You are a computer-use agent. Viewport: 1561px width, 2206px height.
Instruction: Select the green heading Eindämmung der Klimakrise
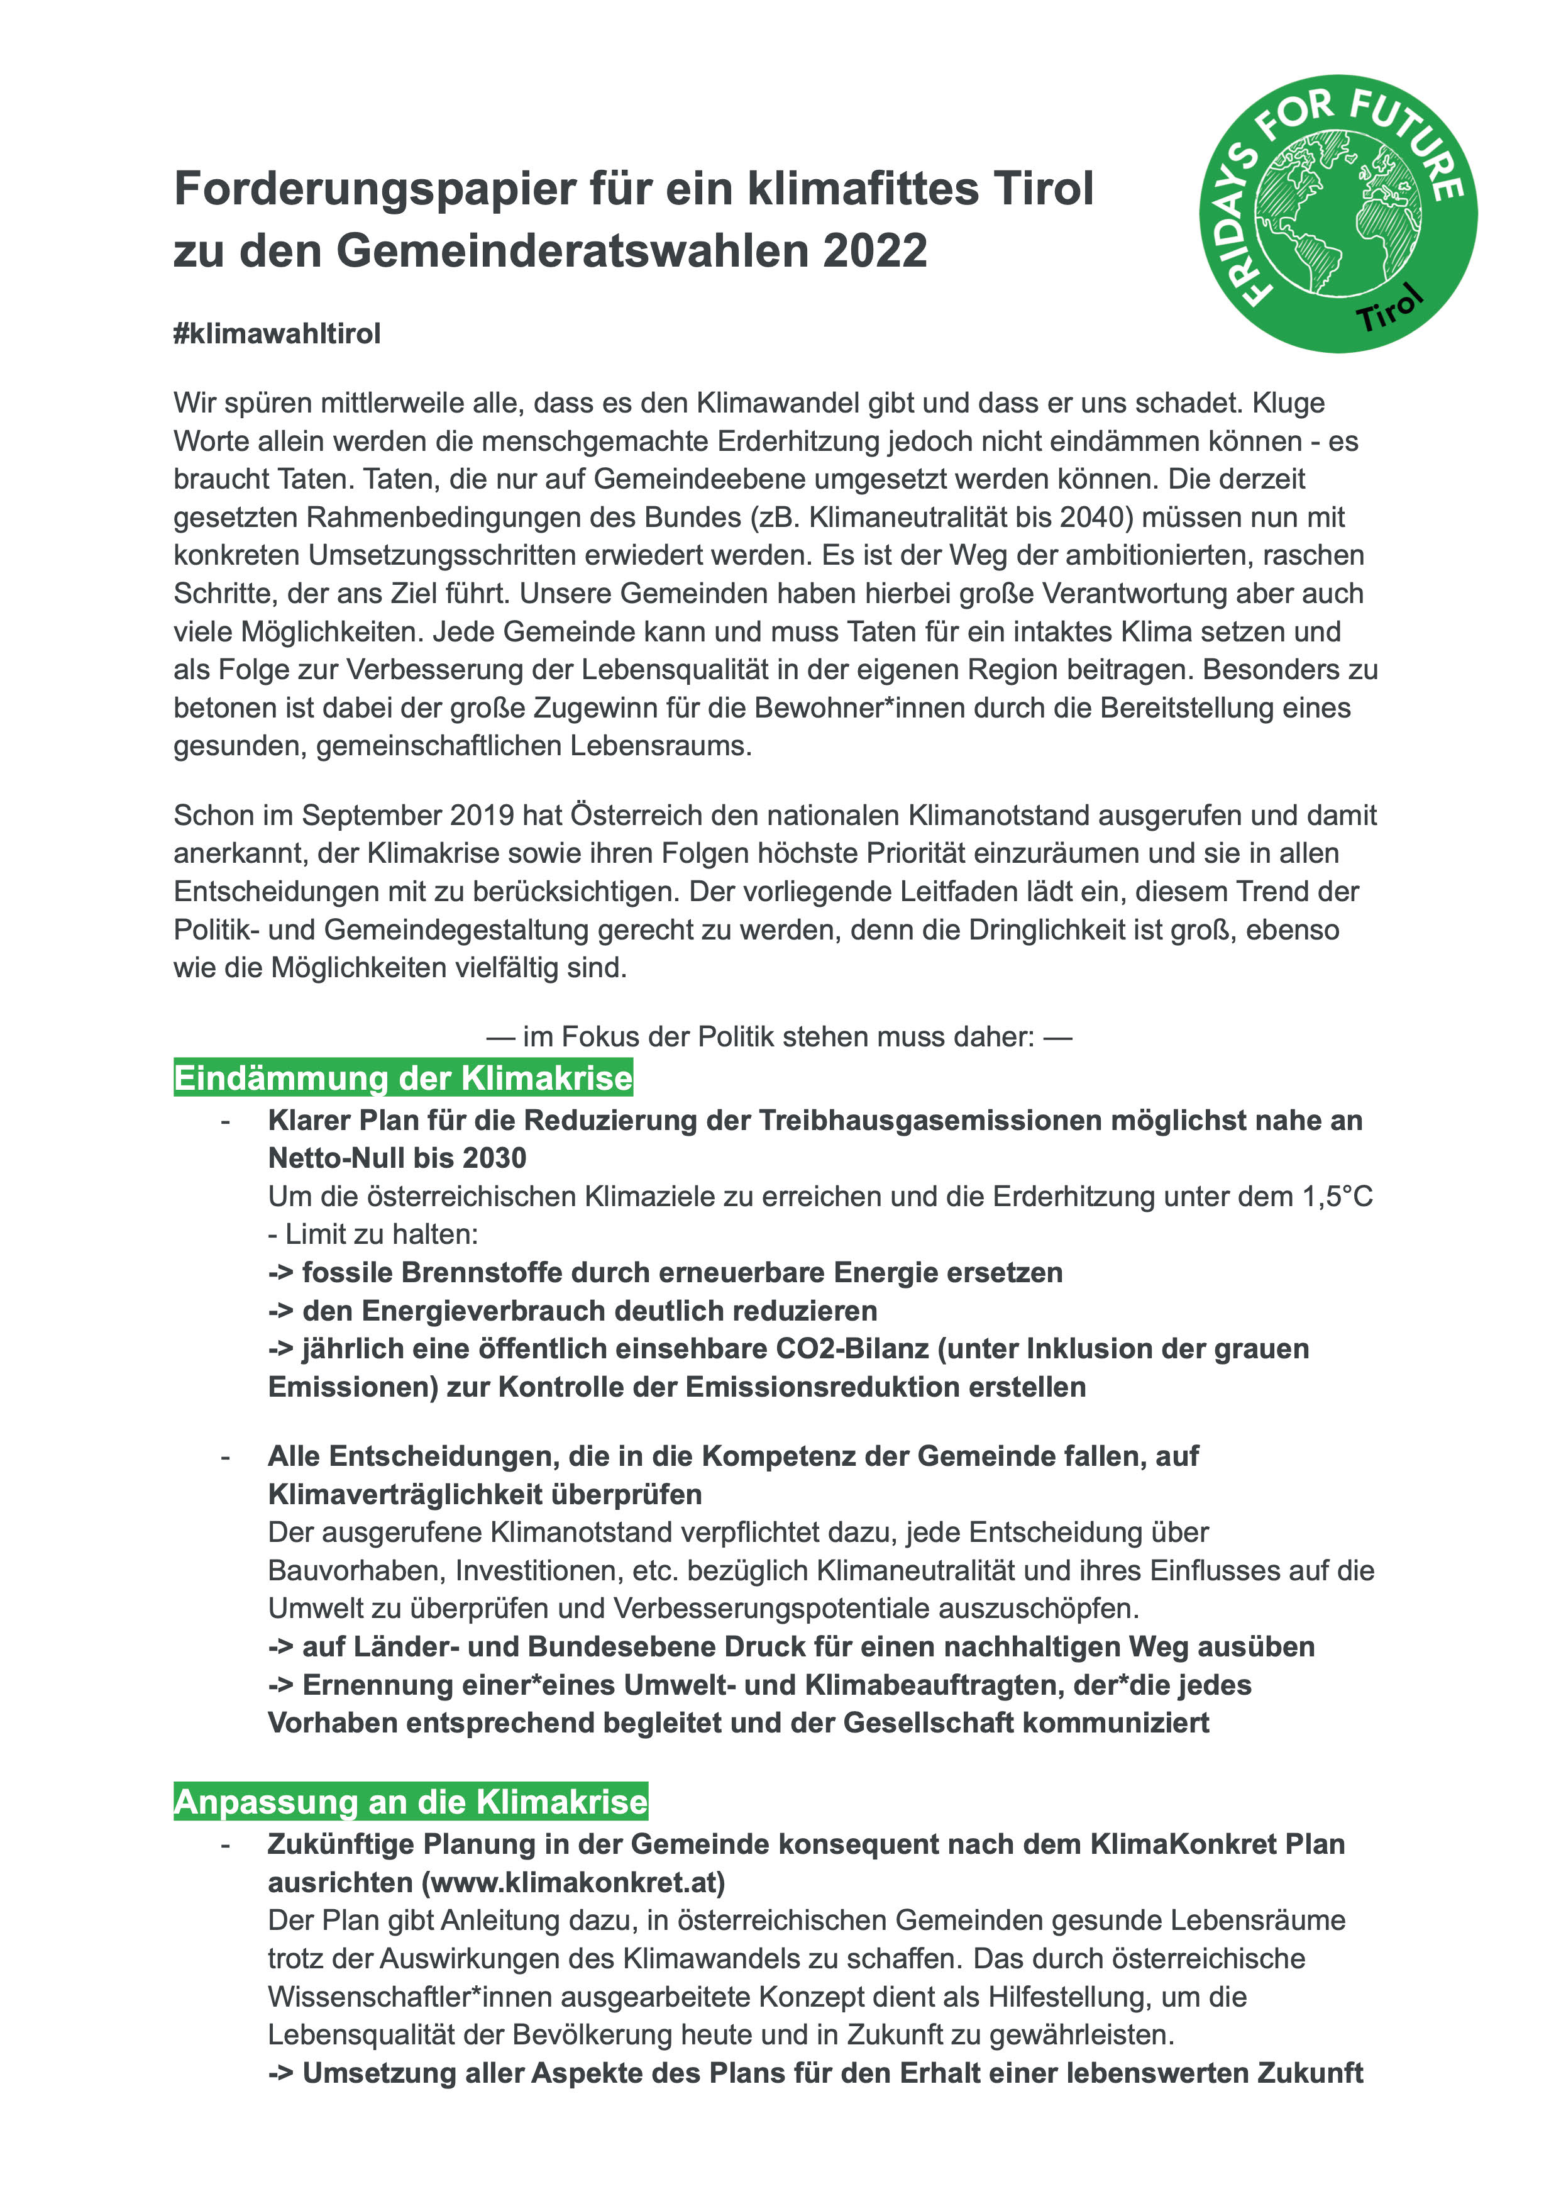pos(403,1078)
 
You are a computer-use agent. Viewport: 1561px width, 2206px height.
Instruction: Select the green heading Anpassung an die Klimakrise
pos(411,1801)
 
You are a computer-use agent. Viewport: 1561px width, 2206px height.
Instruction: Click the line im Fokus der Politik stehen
pos(778,1036)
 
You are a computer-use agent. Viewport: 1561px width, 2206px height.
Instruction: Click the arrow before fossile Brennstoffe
pos(280,1273)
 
